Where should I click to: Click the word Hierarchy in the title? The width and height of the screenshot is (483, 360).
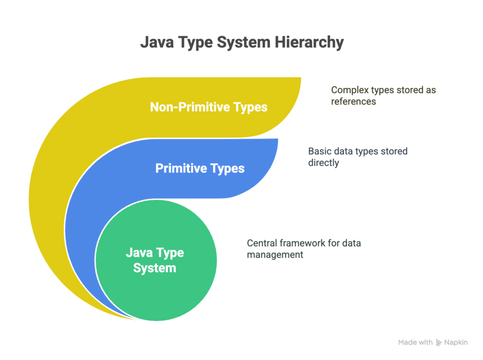pos(309,42)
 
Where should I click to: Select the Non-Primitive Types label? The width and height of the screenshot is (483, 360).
pos(208,107)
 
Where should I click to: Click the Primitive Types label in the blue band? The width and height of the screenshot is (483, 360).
pos(200,168)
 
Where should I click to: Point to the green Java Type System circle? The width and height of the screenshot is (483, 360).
pos(156,260)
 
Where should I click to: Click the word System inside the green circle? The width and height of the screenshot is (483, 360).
pos(155,268)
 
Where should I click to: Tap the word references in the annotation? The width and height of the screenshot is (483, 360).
pos(353,102)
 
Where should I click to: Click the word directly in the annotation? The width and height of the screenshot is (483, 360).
pos(324,163)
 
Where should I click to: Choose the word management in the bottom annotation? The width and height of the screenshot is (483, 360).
pos(275,255)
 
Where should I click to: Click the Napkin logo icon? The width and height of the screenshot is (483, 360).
pos(439,343)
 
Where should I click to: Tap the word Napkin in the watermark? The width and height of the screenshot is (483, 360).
pos(456,343)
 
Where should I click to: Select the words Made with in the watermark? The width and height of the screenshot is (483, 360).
pos(415,343)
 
